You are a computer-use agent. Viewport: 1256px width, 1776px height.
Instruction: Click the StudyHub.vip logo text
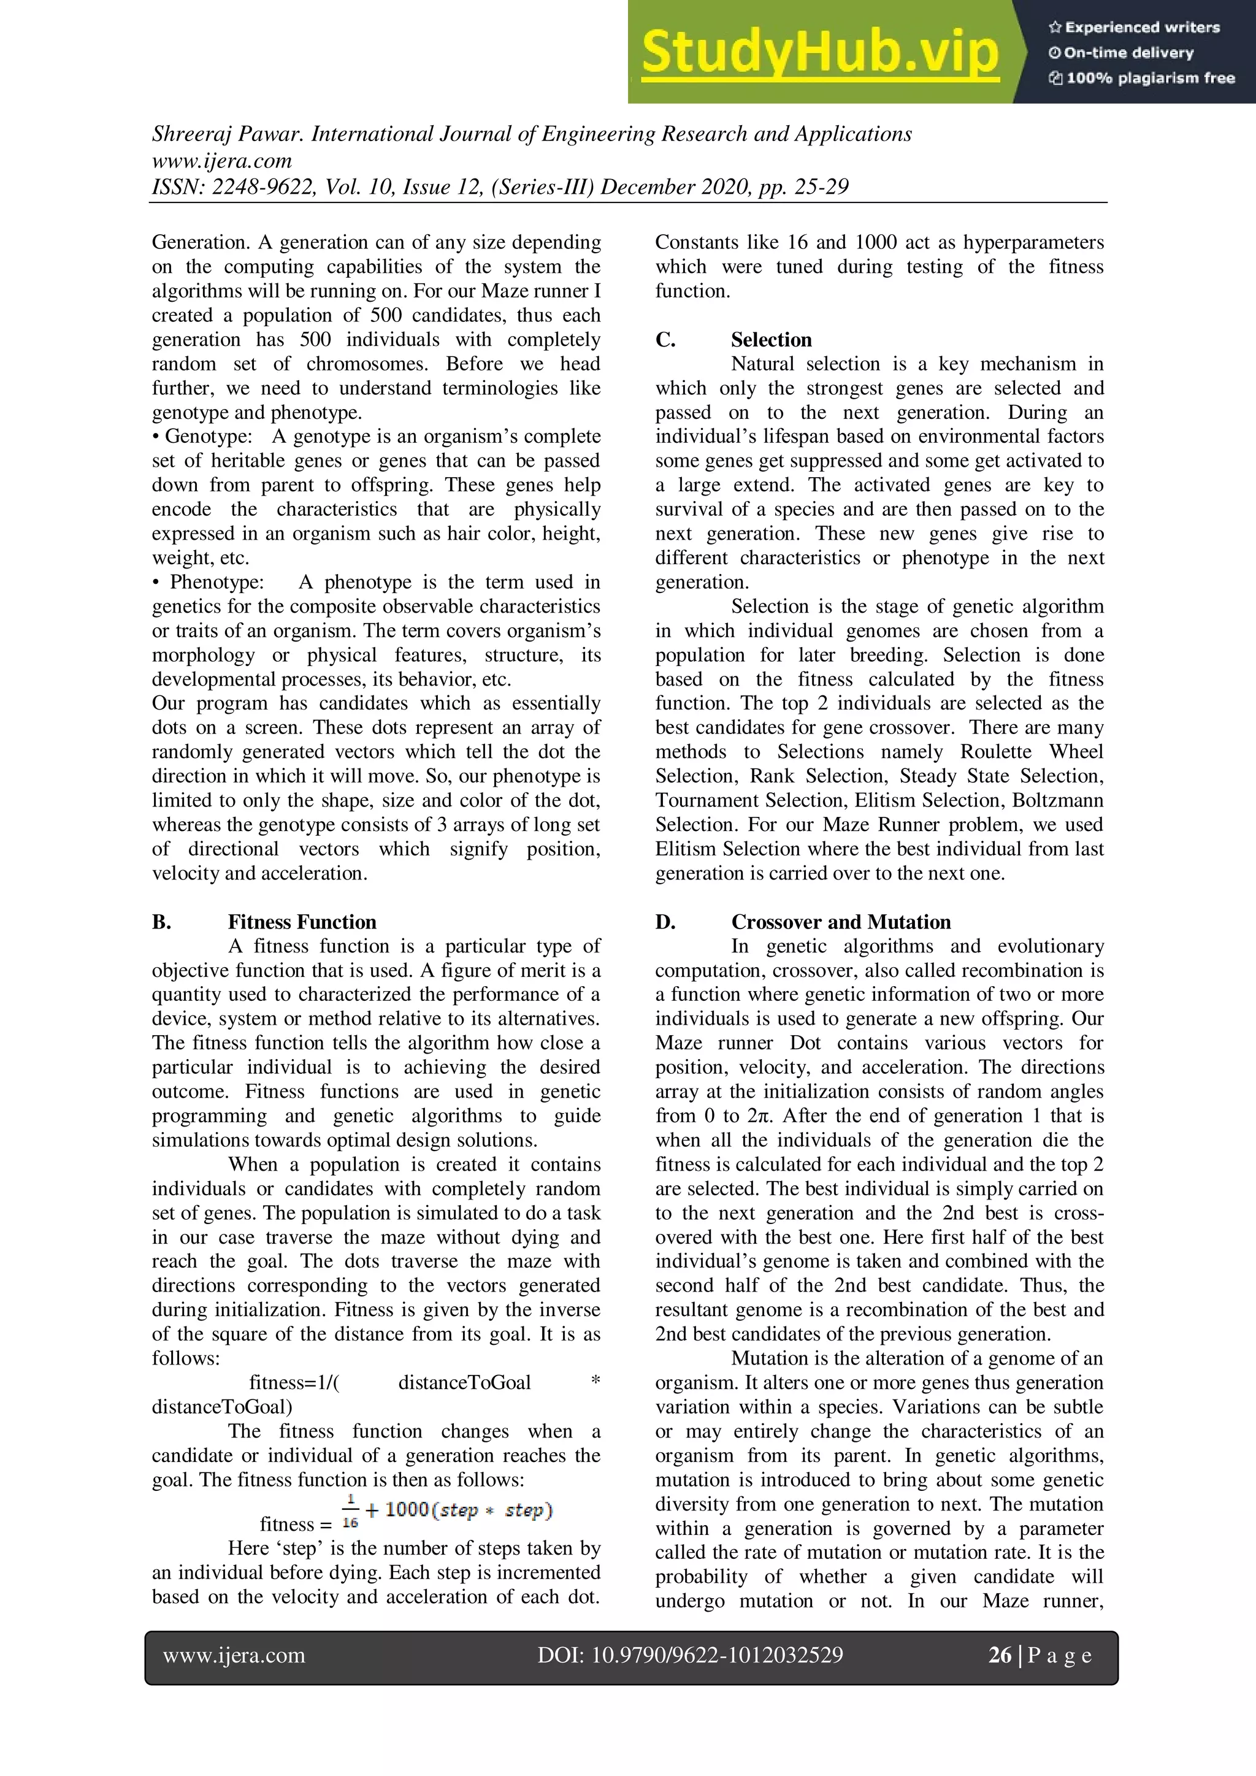point(820,52)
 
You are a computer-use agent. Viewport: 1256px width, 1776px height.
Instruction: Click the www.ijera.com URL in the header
point(222,161)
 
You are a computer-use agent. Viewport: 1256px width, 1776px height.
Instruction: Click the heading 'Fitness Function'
point(302,922)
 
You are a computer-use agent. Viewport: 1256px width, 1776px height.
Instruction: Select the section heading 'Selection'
point(771,340)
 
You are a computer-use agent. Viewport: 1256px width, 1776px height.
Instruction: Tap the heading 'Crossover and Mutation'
point(841,922)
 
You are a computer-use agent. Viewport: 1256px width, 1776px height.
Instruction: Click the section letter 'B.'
point(162,922)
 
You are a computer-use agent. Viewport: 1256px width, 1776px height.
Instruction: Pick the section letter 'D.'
point(665,922)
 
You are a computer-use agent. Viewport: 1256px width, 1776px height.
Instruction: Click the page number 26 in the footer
point(999,1655)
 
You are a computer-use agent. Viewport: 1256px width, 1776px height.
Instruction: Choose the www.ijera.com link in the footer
point(234,1655)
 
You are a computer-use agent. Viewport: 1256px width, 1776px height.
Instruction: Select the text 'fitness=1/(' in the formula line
point(294,1383)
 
